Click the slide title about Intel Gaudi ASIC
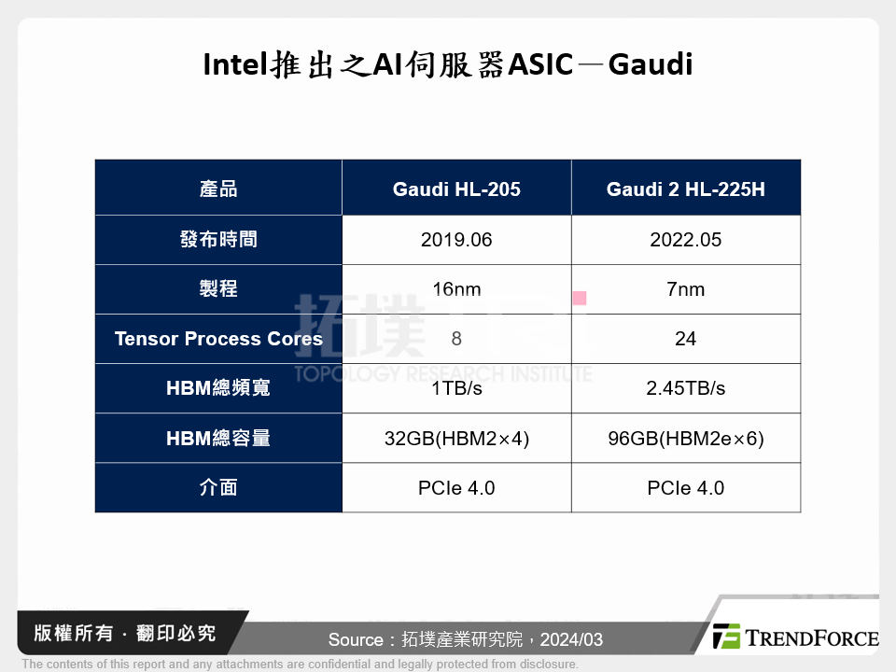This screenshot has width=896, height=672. [448, 65]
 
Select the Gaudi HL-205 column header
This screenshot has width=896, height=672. [456, 189]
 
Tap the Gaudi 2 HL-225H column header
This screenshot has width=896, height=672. [686, 189]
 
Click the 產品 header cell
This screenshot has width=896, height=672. [218, 189]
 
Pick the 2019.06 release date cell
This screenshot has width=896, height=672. [456, 240]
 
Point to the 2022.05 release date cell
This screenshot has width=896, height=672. [686, 240]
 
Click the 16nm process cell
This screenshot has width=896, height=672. [456, 289]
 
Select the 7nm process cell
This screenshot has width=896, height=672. [686, 289]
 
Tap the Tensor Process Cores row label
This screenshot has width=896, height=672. [218, 339]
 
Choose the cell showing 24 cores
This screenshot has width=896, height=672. [686, 339]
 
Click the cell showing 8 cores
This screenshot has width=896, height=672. [456, 339]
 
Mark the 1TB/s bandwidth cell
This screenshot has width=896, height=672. [456, 388]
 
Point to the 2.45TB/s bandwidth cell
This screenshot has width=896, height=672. [686, 388]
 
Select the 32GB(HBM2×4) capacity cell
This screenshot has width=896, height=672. [456, 438]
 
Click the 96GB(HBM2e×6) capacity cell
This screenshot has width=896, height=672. [686, 438]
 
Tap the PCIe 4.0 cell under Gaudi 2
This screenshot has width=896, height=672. [686, 487]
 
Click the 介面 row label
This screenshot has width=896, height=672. [218, 487]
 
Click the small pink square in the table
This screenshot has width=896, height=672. [580, 299]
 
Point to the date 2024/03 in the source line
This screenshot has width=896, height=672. [570, 639]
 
